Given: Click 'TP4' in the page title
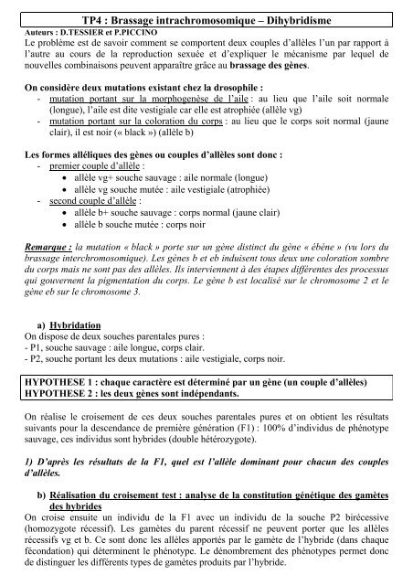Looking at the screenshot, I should point(120,19).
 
